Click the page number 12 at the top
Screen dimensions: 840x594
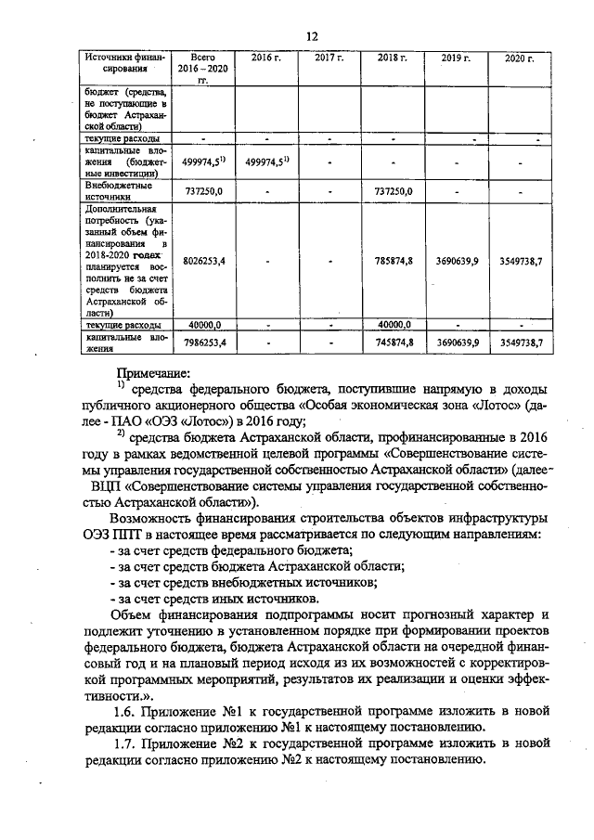tap(312, 35)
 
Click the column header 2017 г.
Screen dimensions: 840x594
tap(329, 58)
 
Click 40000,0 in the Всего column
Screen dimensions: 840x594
tap(203, 325)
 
